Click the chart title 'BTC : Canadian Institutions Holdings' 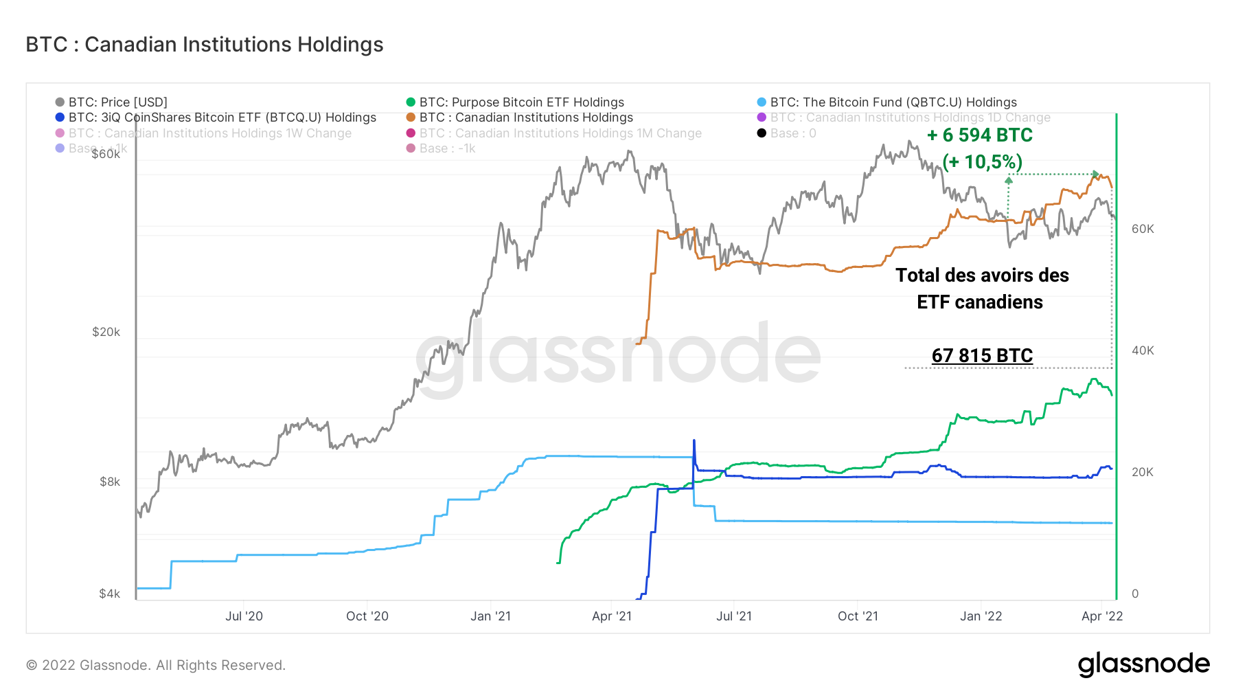[x=205, y=45]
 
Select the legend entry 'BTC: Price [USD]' [x=117, y=102]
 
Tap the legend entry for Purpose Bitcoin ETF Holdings [x=521, y=102]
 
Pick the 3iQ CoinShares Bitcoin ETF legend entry [x=222, y=117]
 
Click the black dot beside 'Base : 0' [x=762, y=133]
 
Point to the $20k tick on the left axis [x=106, y=332]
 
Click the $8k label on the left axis [x=109, y=482]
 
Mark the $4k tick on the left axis [x=109, y=594]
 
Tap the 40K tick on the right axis [x=1143, y=350]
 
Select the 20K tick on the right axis [x=1143, y=472]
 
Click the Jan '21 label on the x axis [x=490, y=616]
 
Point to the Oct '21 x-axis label [x=858, y=616]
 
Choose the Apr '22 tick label [x=1102, y=616]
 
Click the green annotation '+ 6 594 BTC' [x=980, y=135]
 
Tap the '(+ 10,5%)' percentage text [x=982, y=162]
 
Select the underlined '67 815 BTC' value [x=982, y=356]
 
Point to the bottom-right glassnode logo [x=1143, y=664]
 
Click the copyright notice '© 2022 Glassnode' [x=156, y=665]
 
